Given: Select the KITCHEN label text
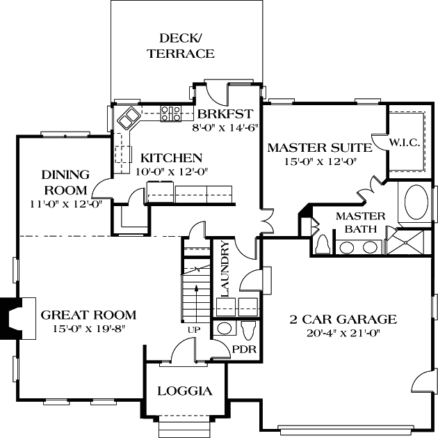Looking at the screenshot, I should [x=171, y=158].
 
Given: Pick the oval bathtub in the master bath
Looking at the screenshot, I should [x=416, y=201].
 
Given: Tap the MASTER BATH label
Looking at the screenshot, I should [x=356, y=222].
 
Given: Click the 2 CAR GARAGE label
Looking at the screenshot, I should [x=343, y=320].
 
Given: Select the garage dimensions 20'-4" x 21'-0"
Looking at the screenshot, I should [x=343, y=332].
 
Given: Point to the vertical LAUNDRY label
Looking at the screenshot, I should [x=224, y=268].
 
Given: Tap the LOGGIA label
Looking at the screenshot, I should [x=184, y=391].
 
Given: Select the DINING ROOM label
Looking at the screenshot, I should [x=65, y=182].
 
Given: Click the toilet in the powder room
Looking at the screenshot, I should [x=248, y=328].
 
